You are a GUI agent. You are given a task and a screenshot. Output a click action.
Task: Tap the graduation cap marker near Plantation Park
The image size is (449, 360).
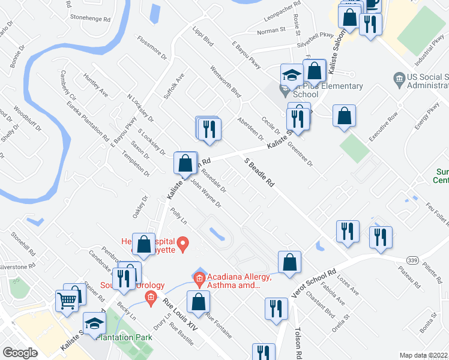coord(94,324)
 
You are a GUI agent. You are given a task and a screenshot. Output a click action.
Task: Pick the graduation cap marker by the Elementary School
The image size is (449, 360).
coord(291,75)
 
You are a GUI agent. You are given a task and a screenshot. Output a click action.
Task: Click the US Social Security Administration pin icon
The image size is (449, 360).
coord(398,79)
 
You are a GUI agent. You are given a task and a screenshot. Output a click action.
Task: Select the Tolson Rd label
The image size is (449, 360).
coord(298,342)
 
